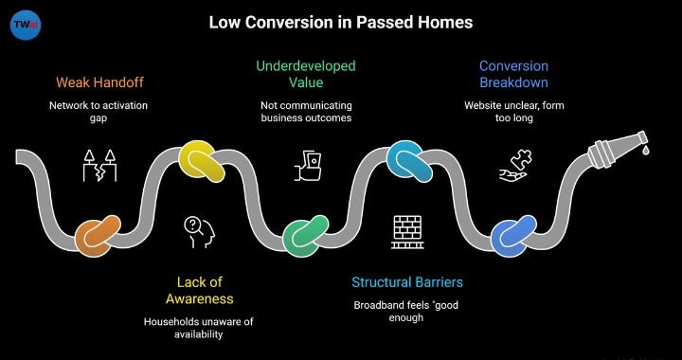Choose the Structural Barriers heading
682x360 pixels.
[x=406, y=281]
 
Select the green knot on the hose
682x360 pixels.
[x=308, y=233]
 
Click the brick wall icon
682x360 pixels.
[x=407, y=231]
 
